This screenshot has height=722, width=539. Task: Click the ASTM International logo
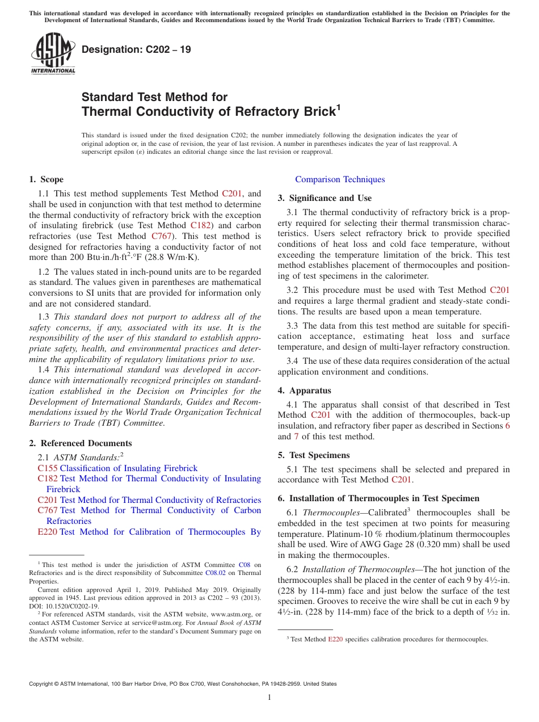tap(53, 54)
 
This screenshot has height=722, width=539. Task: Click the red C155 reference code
tap(47, 468)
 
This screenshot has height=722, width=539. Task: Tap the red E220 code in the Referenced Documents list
tap(47, 532)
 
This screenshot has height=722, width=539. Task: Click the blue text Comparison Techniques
tap(340, 179)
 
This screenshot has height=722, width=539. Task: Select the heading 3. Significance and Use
tap(325, 198)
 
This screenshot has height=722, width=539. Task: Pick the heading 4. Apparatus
tap(304, 391)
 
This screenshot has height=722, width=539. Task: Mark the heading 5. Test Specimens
tap(314, 455)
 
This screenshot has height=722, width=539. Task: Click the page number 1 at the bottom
tap(269, 698)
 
